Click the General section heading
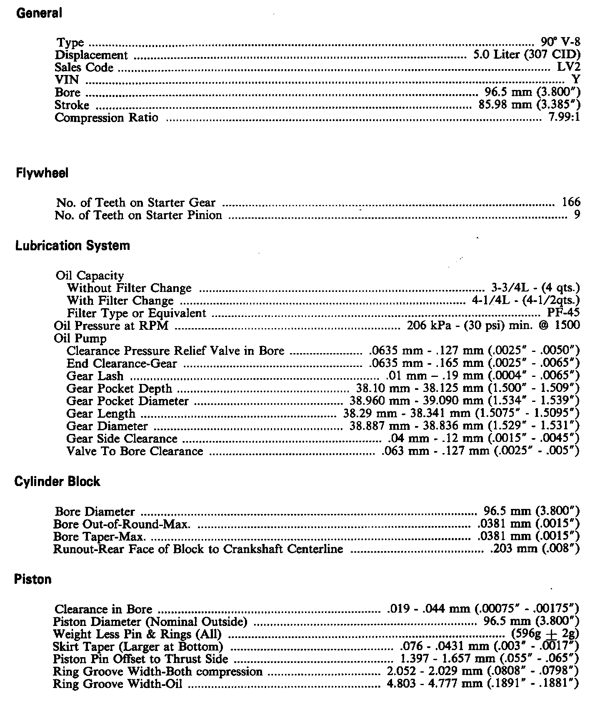click(x=39, y=13)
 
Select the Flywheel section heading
click(x=42, y=173)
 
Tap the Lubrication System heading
click(x=72, y=245)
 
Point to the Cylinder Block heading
click(x=57, y=481)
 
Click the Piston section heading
click(x=33, y=579)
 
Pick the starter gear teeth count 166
click(x=571, y=202)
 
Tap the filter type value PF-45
click(x=563, y=313)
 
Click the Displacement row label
click(x=91, y=55)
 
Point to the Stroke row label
click(x=72, y=105)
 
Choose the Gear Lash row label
click(x=95, y=376)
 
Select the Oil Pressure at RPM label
click(x=111, y=325)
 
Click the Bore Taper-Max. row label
click(x=100, y=536)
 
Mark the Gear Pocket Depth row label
click(x=119, y=388)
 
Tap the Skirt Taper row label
click(x=138, y=647)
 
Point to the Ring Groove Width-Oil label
click(x=117, y=684)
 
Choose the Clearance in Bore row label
click(x=103, y=609)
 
